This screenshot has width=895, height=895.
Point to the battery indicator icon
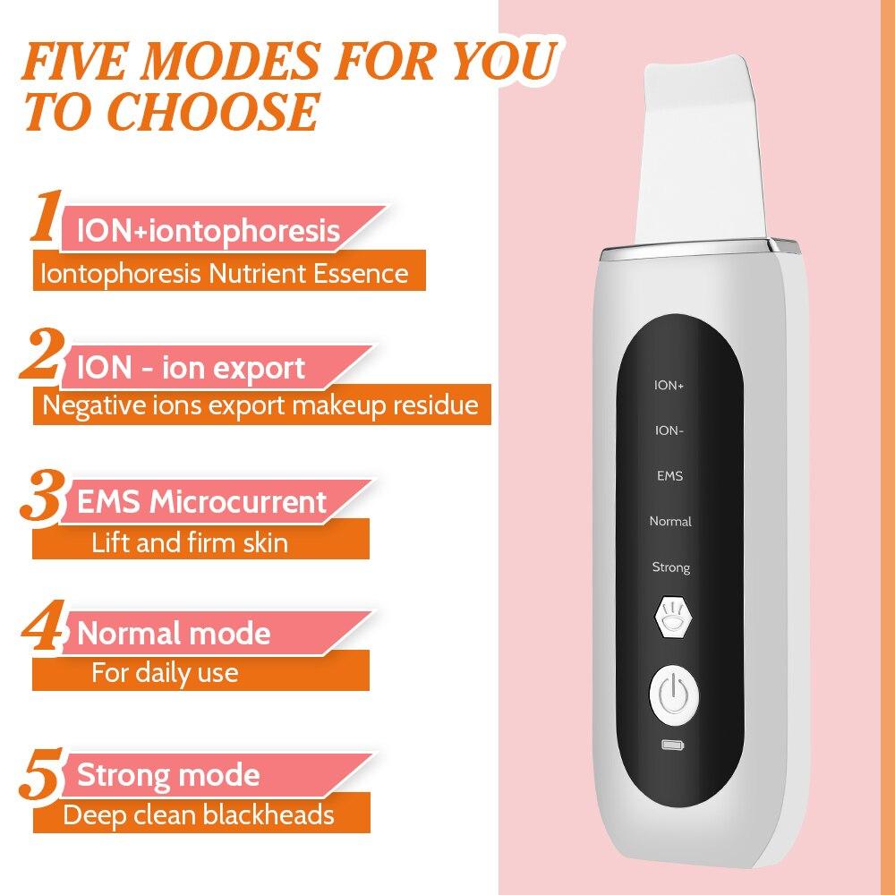coord(670,745)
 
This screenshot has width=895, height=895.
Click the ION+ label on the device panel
coord(669,386)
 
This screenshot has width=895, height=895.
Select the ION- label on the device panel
coord(669,431)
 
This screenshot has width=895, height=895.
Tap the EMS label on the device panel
coord(669,476)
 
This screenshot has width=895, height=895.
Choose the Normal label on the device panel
coord(670,521)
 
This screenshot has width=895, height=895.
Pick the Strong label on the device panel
coord(670,567)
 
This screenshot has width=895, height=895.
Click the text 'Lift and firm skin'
coord(190,542)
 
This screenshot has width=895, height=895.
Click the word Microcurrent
coord(238,502)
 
